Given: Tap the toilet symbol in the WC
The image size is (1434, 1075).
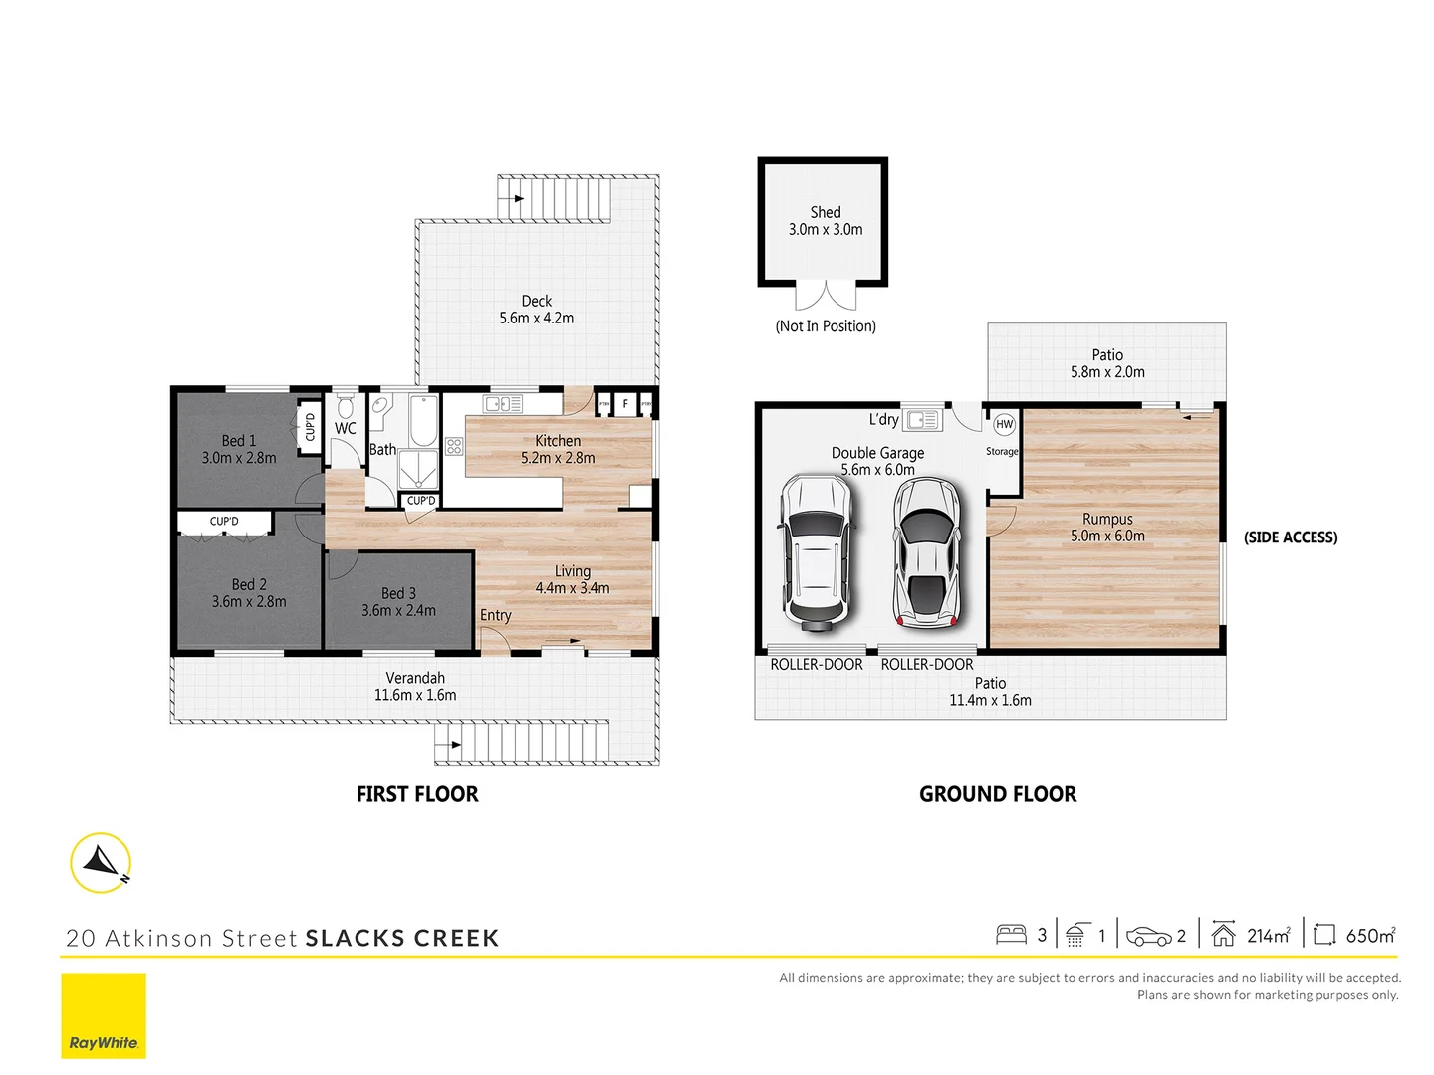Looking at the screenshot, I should [345, 408].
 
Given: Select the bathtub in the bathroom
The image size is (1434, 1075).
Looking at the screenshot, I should [423, 422].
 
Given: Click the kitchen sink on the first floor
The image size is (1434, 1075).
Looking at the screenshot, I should [503, 403].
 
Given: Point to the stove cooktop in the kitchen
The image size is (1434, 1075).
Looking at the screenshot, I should [454, 446].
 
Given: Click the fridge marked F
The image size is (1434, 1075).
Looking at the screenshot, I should [624, 404].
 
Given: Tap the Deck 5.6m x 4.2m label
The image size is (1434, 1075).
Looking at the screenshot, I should [536, 310].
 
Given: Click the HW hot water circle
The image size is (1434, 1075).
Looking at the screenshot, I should [1004, 424].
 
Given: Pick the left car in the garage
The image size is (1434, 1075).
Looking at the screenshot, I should [816, 552].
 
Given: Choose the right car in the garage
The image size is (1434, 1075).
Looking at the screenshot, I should [926, 552].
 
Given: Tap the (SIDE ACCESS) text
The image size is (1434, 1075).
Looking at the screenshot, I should [1291, 537].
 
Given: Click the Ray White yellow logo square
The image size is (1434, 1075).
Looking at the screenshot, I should [104, 1016].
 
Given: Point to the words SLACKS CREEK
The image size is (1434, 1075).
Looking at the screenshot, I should [402, 938].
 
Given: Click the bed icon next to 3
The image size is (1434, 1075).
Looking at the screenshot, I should [1011, 935].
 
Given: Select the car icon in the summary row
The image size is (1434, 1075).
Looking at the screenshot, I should [1148, 936].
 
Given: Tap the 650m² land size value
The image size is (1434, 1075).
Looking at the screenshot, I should [1370, 935].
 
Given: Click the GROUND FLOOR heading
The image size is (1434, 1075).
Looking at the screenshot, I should [998, 794].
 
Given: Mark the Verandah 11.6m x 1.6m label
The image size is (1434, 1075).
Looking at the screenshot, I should [415, 687].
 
